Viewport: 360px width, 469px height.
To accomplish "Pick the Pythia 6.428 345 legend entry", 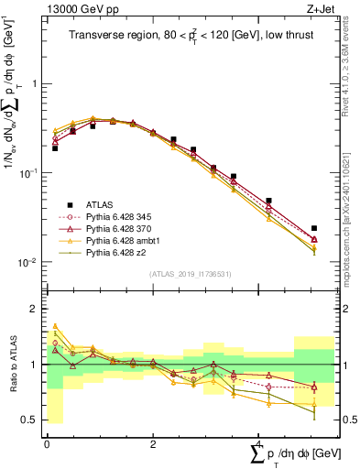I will (x=115, y=216).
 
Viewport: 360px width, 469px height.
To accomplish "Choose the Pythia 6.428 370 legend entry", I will (x=115, y=228).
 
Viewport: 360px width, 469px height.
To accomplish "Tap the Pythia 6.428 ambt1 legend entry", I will (x=117, y=240).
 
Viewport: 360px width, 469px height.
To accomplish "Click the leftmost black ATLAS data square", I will (x=55, y=147).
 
